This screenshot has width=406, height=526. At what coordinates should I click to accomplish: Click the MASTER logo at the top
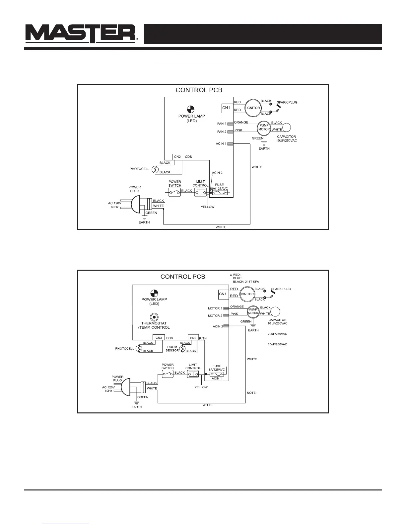[x=82, y=34]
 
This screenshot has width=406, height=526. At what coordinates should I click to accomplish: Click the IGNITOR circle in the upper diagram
[x=253, y=108]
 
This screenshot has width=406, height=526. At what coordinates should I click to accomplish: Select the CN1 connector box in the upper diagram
[x=226, y=108]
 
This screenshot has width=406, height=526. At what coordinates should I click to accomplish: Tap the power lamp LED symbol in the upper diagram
[x=190, y=109]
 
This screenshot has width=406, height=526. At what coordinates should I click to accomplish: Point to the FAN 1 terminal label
[x=222, y=124]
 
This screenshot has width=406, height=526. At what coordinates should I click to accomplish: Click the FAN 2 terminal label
[x=222, y=132]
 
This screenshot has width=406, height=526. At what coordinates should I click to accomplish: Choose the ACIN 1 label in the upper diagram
[x=221, y=144]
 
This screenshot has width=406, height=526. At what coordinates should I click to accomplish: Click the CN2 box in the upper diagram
[x=178, y=156]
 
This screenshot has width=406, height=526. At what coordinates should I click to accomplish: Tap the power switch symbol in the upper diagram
[x=174, y=192]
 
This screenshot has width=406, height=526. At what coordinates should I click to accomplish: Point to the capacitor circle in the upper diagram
[x=286, y=128]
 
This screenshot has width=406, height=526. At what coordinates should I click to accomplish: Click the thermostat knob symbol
[x=154, y=317]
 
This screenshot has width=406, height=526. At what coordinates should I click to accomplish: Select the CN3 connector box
[x=159, y=338]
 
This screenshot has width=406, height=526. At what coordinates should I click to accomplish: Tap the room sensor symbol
[x=182, y=349]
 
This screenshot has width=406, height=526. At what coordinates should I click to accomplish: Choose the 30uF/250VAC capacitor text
[x=277, y=344]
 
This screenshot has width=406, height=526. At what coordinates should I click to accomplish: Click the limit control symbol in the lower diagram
[x=193, y=374]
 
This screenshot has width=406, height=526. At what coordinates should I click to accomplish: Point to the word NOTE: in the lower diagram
[x=251, y=393]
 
